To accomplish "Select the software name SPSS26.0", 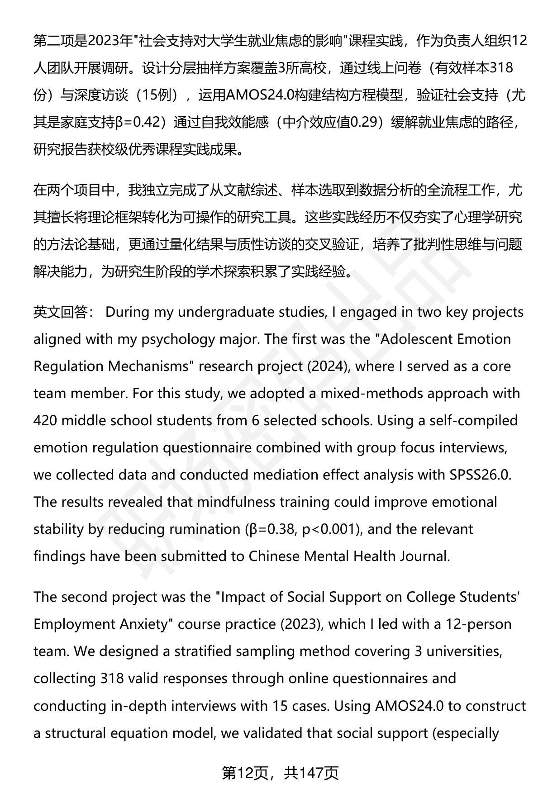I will coord(480,475).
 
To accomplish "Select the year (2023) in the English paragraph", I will coord(300,624).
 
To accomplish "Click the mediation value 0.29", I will coord(364,123).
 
